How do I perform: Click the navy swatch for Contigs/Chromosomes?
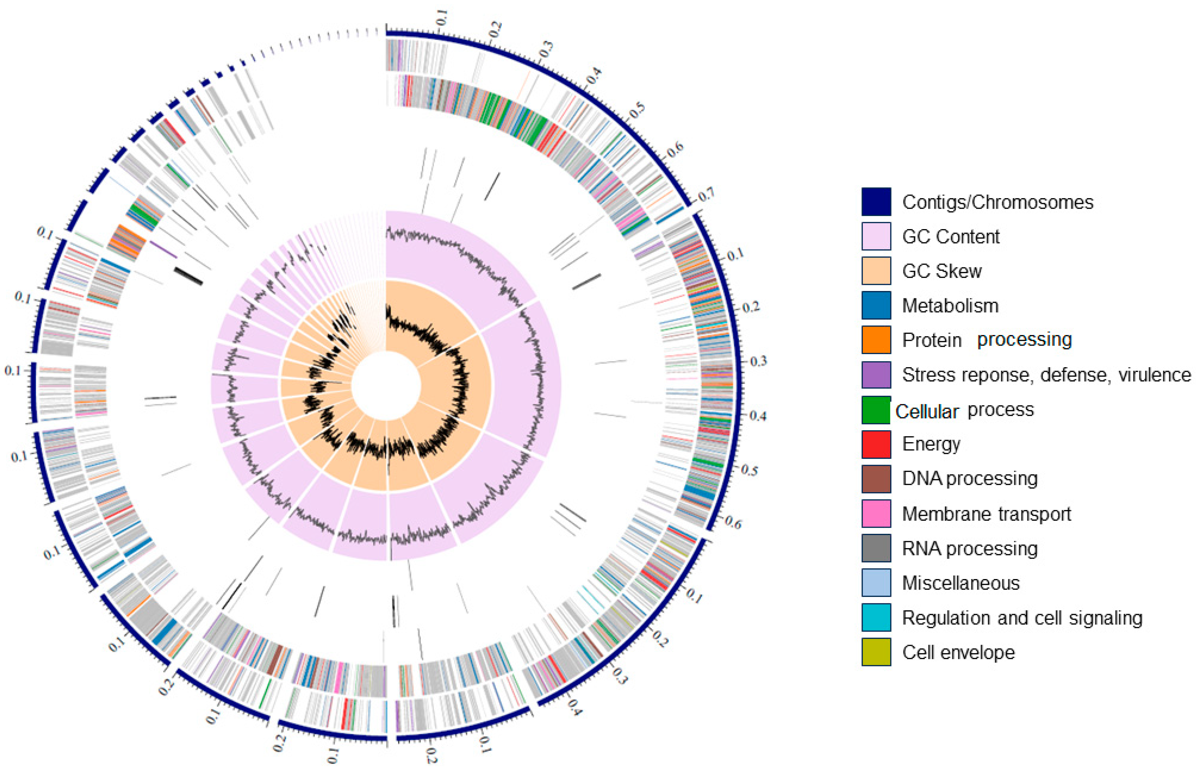click(876, 201)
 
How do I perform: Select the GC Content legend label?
click(950, 237)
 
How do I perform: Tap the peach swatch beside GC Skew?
click(876, 271)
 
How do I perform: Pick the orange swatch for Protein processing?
click(876, 340)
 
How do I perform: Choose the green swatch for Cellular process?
click(876, 409)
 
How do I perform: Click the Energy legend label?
click(931, 444)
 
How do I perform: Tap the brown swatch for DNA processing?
click(876, 479)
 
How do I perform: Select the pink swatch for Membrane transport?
click(876, 513)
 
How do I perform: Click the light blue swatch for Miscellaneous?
click(876, 583)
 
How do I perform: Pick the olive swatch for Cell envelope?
click(876, 652)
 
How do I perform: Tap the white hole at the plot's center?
click(386, 386)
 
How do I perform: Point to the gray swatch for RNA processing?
click(876, 548)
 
